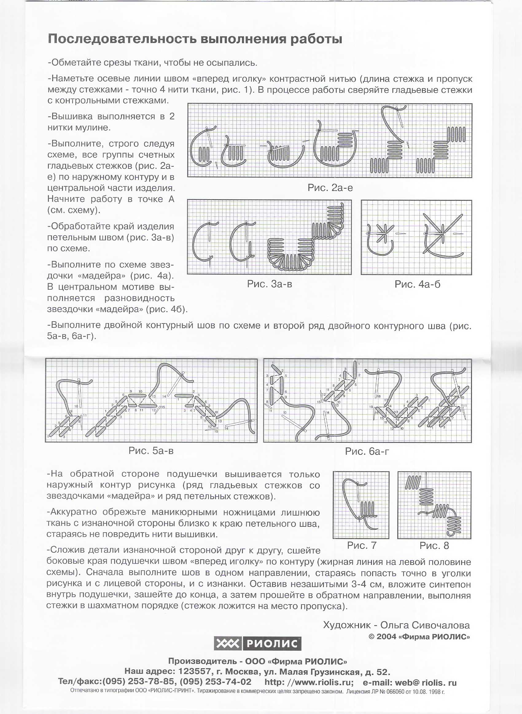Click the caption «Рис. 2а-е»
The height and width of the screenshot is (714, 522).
(330, 188)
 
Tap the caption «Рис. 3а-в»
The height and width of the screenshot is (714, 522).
(270, 284)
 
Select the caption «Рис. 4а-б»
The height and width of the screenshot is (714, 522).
(417, 284)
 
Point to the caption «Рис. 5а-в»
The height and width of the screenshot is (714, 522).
(151, 450)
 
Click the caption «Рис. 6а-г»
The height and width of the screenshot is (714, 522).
(367, 451)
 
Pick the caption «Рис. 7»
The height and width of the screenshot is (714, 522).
(361, 545)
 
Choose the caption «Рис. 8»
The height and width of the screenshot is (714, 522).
(434, 545)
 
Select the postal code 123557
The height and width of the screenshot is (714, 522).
(195, 671)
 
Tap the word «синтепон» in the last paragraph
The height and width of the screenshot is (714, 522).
(448, 585)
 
